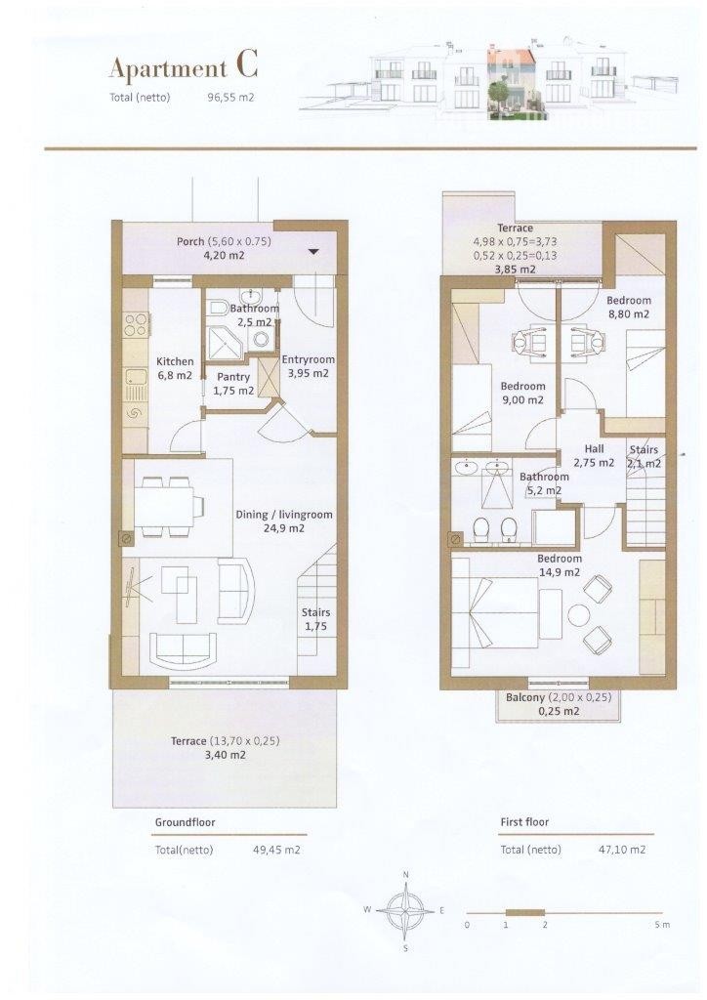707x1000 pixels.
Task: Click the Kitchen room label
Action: click(x=175, y=368)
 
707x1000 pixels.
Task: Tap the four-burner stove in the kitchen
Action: click(x=135, y=324)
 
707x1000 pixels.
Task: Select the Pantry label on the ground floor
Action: click(x=234, y=384)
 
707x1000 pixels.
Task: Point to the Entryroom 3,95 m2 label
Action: click(x=308, y=366)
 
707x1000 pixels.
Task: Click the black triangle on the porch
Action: click(x=313, y=251)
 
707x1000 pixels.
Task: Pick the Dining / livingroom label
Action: click(x=284, y=521)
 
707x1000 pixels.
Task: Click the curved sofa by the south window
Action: click(x=183, y=648)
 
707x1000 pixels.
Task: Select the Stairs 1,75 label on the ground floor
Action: click(x=315, y=619)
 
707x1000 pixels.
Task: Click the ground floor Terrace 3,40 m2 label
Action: click(x=225, y=747)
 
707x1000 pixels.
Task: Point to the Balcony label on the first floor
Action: click(x=559, y=703)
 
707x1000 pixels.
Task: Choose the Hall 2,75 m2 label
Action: click(x=594, y=456)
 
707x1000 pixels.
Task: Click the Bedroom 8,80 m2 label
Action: click(x=629, y=307)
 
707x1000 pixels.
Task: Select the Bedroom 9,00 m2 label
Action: click(x=522, y=393)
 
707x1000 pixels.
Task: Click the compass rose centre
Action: click(x=405, y=910)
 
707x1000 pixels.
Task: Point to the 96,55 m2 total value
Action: click(x=230, y=98)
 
